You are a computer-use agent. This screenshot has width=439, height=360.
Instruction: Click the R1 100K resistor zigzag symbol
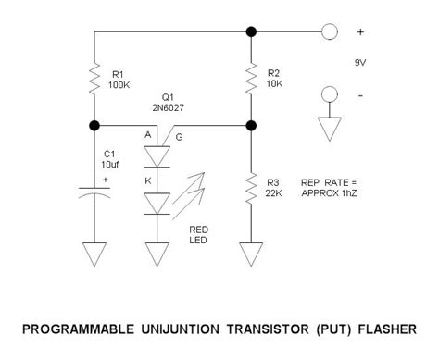[x=94, y=79]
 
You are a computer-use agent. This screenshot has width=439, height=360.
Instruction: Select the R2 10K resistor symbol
[x=251, y=78]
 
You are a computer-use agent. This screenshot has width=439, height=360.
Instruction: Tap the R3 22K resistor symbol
[x=251, y=188]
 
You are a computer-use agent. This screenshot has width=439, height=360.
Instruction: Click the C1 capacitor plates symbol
[x=94, y=192]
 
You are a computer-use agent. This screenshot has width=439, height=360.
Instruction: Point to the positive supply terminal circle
[x=330, y=31]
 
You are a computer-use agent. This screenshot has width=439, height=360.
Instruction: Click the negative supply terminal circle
[x=330, y=94]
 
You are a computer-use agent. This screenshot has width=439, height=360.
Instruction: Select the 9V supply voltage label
[x=360, y=63]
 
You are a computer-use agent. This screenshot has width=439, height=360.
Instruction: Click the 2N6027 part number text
[x=168, y=107]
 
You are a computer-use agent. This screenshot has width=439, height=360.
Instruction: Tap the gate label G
[x=179, y=137]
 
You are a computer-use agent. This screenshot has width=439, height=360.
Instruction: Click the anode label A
[x=148, y=135]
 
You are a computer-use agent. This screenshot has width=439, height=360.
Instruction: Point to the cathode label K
[x=148, y=180]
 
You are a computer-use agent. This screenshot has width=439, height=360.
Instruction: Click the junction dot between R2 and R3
[x=251, y=126]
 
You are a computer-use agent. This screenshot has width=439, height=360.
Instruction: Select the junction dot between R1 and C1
[x=94, y=126]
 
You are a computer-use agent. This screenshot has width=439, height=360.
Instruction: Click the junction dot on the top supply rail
[x=251, y=31]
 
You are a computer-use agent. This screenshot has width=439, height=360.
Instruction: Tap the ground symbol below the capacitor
[x=94, y=254]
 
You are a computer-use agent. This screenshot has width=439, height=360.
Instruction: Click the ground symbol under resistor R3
[x=251, y=254]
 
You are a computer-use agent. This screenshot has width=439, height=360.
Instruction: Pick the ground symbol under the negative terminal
[x=330, y=129]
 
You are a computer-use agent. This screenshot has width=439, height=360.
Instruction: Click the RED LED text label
[x=198, y=235]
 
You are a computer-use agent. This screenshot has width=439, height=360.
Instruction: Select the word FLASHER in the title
[x=387, y=329]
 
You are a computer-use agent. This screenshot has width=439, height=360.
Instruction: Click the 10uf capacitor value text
[x=110, y=165]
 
